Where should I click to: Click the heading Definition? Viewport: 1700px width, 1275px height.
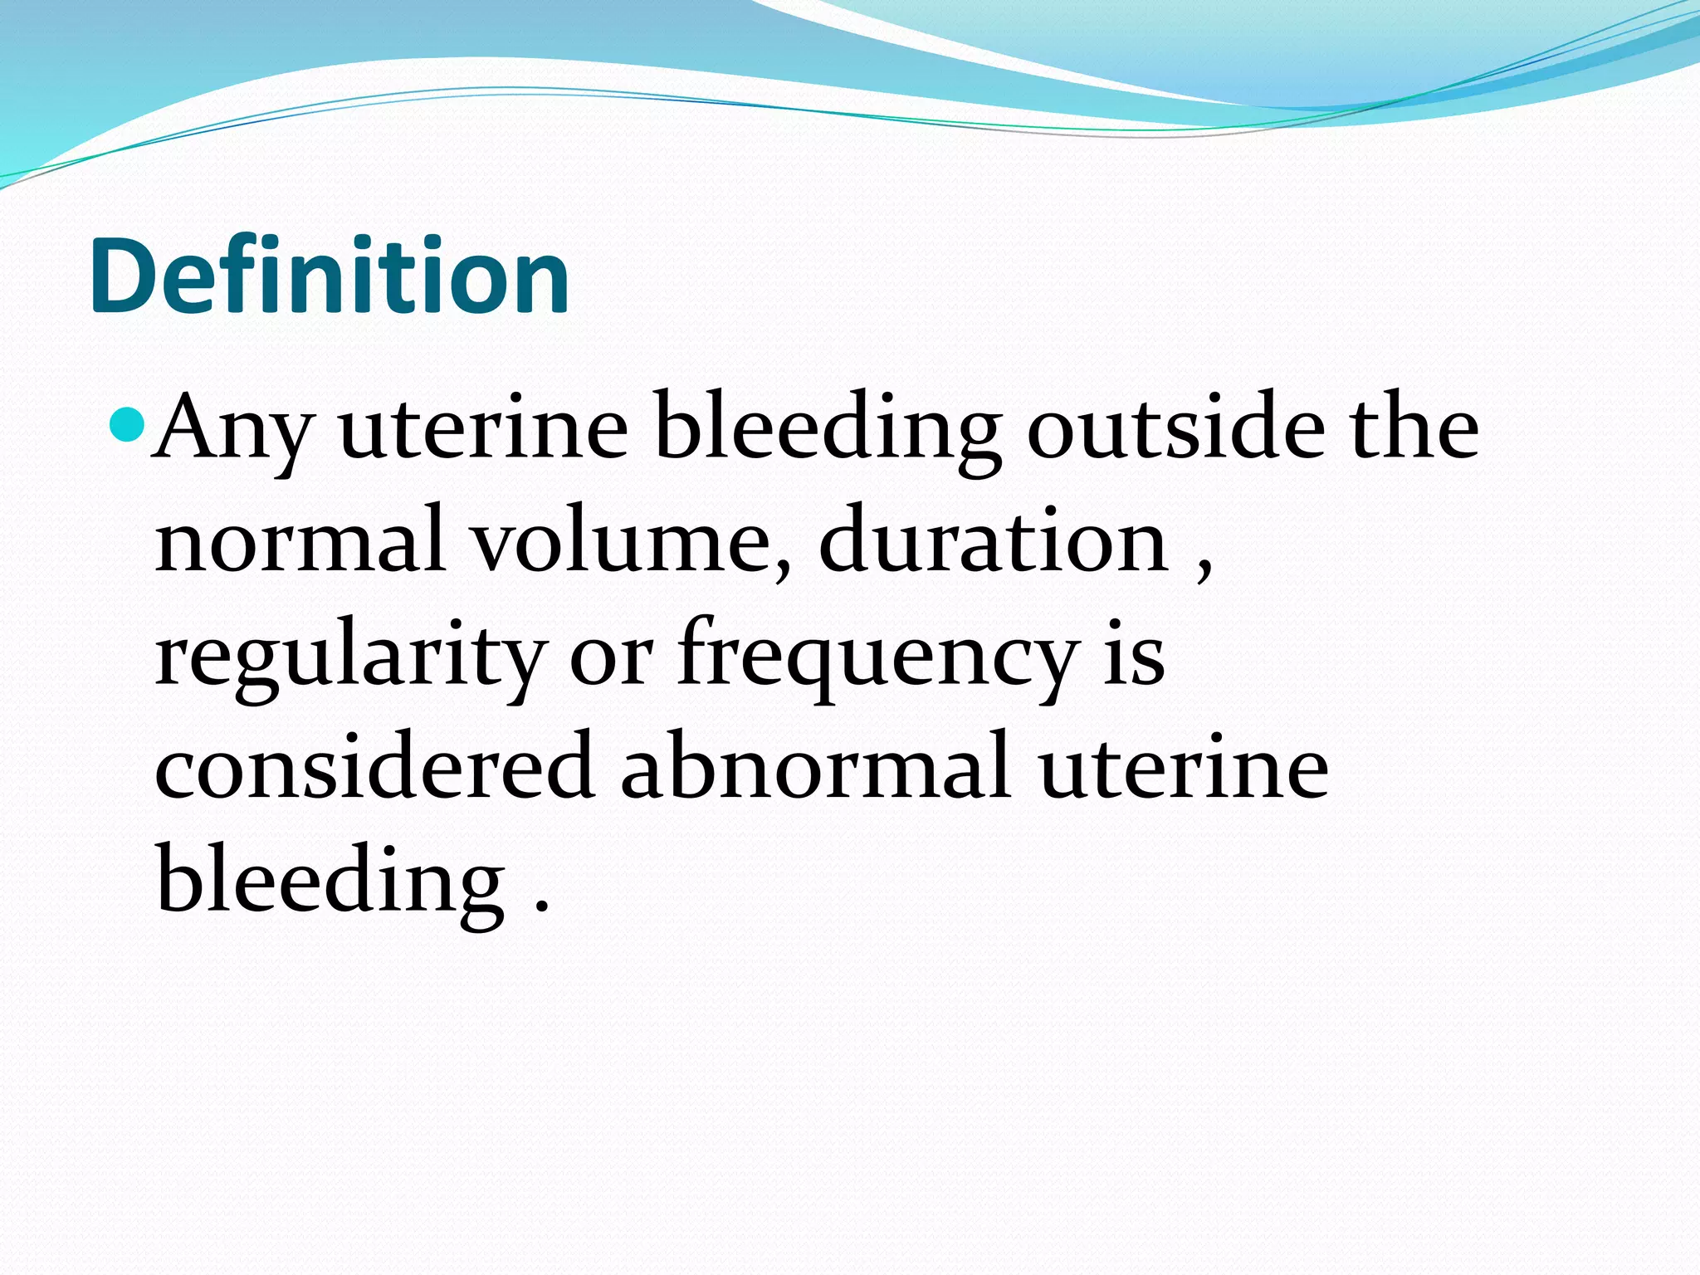pos(330,276)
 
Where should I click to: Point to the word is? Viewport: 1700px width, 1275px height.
pos(1134,656)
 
